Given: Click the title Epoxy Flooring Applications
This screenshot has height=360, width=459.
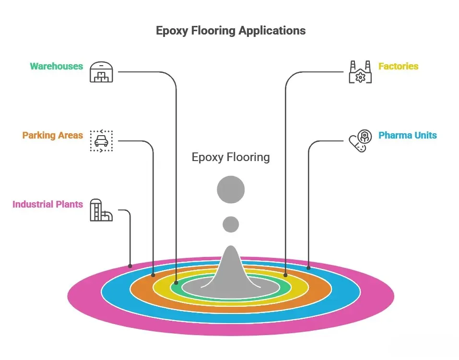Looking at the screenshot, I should click(x=231, y=31).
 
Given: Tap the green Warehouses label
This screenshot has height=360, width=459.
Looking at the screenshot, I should click(x=56, y=66).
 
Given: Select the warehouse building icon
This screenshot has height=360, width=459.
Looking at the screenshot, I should click(x=101, y=72).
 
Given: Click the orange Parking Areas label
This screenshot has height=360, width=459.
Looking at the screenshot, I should click(x=52, y=135).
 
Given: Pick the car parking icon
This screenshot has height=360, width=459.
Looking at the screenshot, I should click(x=101, y=141).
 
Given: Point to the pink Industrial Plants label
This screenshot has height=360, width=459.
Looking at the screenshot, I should click(x=47, y=204).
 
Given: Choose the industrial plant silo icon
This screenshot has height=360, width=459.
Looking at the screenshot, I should click(x=101, y=210).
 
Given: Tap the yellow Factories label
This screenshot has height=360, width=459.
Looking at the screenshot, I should click(x=398, y=66).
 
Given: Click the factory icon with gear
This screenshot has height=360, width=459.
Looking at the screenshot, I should click(x=360, y=72).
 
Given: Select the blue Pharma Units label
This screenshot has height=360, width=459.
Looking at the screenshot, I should click(x=408, y=135).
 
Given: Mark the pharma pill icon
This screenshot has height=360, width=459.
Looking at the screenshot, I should click(x=360, y=141).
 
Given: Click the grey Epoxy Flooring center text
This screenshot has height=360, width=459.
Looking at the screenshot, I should click(x=231, y=157).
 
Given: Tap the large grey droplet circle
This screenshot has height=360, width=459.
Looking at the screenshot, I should click(x=231, y=190).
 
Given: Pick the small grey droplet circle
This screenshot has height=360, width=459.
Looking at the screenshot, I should click(x=231, y=224).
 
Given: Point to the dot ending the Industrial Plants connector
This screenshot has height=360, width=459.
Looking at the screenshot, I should click(x=130, y=266).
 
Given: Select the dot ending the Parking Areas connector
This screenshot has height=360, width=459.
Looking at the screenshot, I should click(x=153, y=275).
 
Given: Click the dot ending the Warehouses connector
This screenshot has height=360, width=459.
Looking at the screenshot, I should click(x=176, y=283).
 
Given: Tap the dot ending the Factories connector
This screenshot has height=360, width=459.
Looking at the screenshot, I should click(x=285, y=275).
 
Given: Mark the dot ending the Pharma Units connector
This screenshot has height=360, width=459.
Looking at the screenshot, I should click(x=308, y=267).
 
